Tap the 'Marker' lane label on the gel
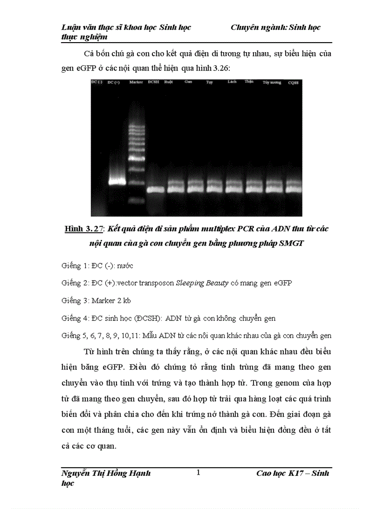pos(136,82)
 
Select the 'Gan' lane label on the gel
pos(188,82)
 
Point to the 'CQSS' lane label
pos(293,83)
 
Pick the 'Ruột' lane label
pos(169,82)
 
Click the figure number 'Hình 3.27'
pos(84,229)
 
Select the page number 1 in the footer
pos(198,473)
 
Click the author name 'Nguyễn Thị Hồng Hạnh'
pos(106,474)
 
